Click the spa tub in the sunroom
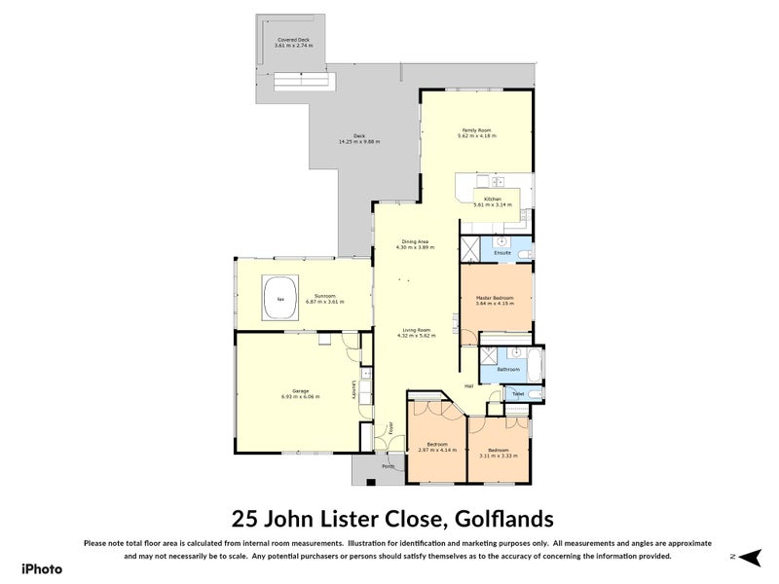coord(280,299)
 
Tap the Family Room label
coord(476,130)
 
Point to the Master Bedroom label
coord(496,297)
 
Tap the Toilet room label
coord(518,393)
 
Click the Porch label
coord(388,466)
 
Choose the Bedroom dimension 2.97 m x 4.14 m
coord(436,449)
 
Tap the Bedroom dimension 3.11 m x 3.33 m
coord(498,455)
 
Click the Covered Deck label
coord(293,40)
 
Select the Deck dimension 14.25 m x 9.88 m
coord(358,142)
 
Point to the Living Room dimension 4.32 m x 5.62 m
coord(416,336)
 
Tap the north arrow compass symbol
coord(747,557)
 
